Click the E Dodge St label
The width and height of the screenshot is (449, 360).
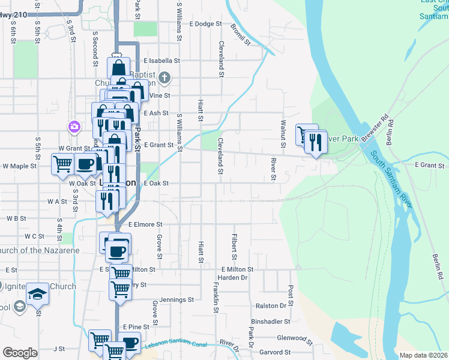point(205,25)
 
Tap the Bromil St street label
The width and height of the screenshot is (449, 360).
point(240,35)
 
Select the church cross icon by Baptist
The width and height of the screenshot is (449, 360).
point(166,77)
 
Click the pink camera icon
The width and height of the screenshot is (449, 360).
point(74,127)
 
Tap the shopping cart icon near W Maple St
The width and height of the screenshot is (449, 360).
point(62,164)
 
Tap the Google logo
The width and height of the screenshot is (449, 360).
point(20,352)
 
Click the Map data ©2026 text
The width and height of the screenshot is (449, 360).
point(423,355)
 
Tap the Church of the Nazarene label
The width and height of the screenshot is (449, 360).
point(40,250)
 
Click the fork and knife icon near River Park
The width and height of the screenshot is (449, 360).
point(316,142)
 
